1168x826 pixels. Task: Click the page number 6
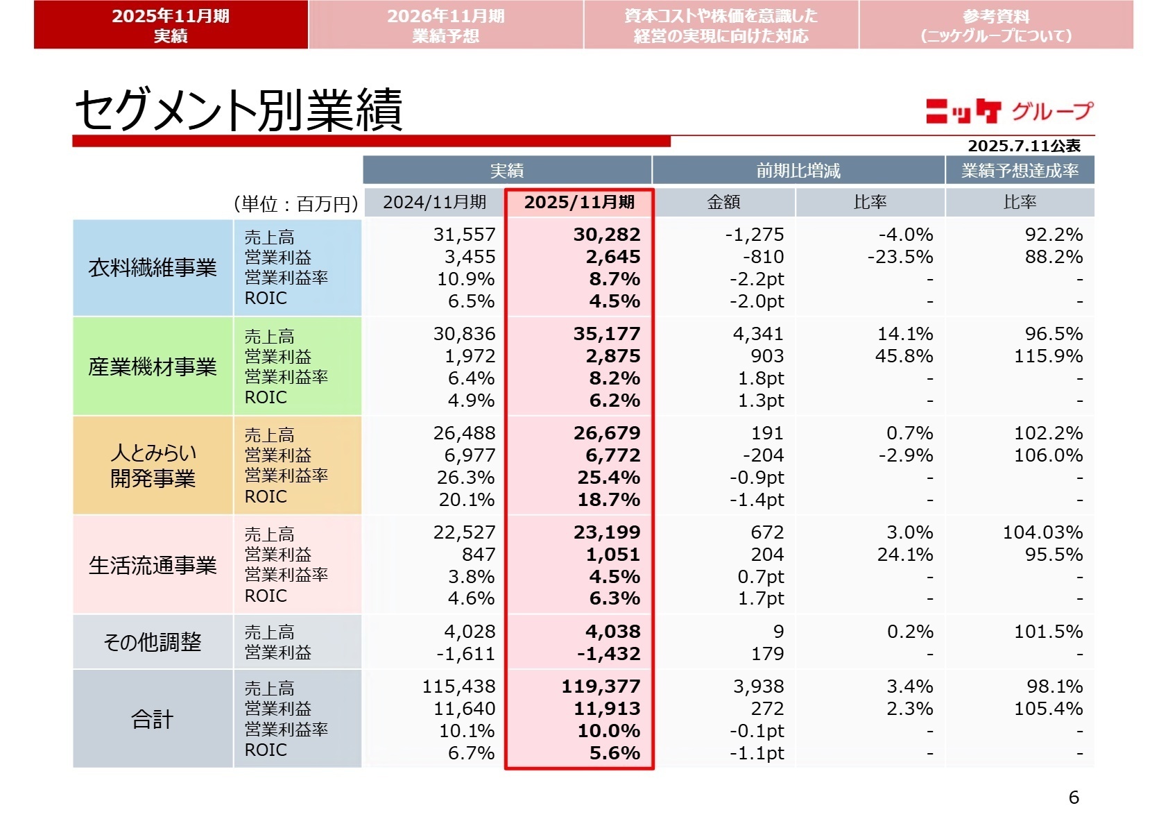pos(1074,797)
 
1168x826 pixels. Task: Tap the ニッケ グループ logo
pos(1008,111)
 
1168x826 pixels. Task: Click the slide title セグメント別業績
pos(238,110)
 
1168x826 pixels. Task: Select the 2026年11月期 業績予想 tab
pos(445,25)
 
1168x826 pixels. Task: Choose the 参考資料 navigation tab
pos(996,25)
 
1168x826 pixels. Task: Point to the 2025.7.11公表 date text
pos(1024,146)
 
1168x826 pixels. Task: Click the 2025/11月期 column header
pos(579,202)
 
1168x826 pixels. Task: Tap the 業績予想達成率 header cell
pos(1020,171)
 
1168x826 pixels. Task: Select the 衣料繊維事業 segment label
pos(153,268)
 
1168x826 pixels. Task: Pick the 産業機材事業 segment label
pos(153,366)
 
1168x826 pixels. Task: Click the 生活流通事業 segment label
pos(153,565)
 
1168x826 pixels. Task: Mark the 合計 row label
pos(153,719)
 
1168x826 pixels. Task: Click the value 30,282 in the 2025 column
pos(607,235)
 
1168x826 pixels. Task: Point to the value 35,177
pos(607,334)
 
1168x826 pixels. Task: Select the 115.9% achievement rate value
pos(1048,356)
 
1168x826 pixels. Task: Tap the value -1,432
pos(608,654)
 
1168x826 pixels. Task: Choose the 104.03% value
pos(1042,532)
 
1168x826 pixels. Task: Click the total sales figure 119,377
pos(601,686)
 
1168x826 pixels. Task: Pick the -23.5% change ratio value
pos(900,257)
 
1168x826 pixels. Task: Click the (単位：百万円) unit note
pos(296,203)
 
